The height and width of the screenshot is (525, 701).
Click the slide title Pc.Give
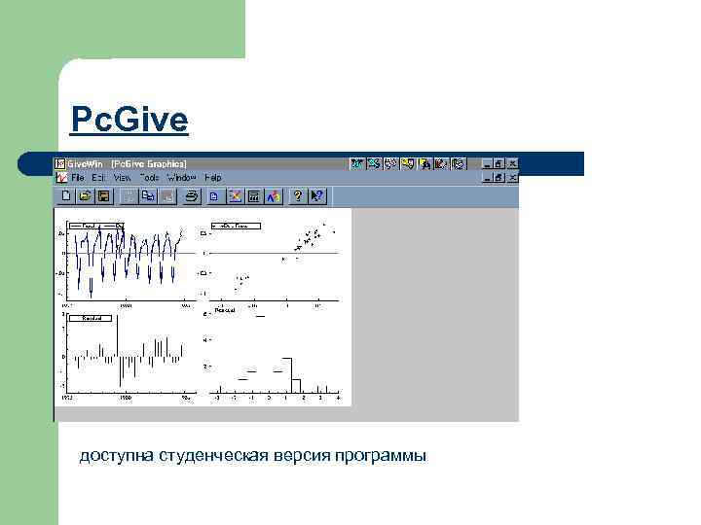(129, 121)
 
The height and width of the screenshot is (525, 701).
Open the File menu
(77, 178)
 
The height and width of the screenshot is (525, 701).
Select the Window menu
(181, 178)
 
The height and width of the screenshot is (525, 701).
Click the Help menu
(213, 178)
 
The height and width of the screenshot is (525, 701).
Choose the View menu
(122, 178)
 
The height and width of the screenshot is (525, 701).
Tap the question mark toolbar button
(298, 196)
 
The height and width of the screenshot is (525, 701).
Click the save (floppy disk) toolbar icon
(103, 196)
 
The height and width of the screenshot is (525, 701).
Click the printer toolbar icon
(192, 196)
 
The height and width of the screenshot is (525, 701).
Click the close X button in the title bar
(512, 164)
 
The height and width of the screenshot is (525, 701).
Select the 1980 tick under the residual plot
(125, 399)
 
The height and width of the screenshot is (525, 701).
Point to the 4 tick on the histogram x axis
(337, 399)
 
